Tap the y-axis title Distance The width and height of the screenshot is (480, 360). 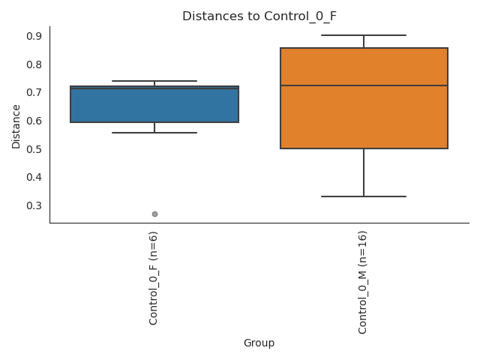16,126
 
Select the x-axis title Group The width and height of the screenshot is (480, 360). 259,343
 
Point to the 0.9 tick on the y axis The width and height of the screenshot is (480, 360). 33,36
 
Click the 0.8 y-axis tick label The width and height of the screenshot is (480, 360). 33,64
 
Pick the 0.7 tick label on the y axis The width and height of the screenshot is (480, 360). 33,92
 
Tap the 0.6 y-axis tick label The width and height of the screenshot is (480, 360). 33,121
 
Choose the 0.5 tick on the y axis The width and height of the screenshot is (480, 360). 33,149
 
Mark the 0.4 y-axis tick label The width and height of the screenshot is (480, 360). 33,177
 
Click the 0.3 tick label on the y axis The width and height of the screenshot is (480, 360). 33,205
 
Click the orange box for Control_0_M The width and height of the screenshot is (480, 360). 364,112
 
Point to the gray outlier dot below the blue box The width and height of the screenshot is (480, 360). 154,214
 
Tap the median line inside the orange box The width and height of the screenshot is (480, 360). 364,85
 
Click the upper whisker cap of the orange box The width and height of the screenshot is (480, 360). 364,35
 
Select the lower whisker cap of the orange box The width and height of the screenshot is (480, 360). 364,196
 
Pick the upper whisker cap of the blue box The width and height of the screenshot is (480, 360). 154,81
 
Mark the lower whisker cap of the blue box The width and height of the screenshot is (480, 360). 154,133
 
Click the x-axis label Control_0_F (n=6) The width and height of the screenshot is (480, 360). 154,278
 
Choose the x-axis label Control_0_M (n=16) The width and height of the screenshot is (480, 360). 363,282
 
